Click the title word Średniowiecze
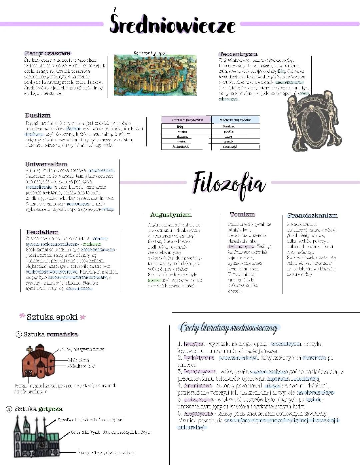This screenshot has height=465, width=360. pos(172,24)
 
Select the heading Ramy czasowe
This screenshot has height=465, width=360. pos(47,53)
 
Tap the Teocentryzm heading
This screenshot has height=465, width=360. pos(238,54)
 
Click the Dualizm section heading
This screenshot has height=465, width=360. pos(38,115)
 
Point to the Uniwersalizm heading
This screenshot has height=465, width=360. pos(46,164)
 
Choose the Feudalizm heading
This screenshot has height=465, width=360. pos(42,232)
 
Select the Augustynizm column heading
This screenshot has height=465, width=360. pos(171,215)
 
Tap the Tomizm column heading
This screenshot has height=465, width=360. pos(242,214)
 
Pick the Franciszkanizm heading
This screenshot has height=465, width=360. pos(312,215)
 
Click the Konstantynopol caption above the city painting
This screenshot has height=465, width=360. pos(150,53)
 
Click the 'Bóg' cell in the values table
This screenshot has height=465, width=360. pos(180,126)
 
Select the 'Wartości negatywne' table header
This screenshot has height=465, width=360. pos(235,120)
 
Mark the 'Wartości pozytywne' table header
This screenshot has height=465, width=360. pos(186,120)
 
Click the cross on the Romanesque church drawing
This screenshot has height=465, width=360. pos(30,350)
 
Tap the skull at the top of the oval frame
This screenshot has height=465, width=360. pos(311,108)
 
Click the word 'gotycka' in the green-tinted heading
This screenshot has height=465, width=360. pos(50,409)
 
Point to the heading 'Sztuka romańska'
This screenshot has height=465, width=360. pos(50,334)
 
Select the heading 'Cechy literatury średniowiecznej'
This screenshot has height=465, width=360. pos(229,328)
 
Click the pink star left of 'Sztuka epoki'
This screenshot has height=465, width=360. pos(22,316)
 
